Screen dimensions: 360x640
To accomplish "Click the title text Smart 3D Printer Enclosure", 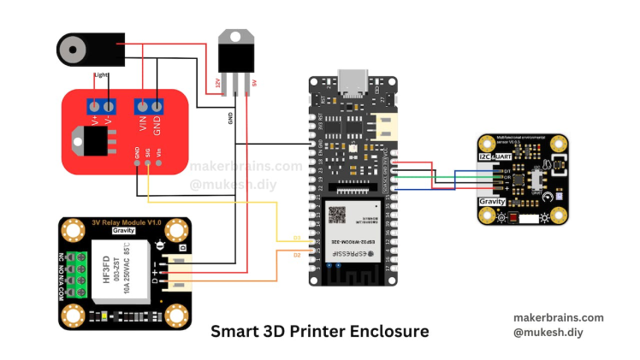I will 319,330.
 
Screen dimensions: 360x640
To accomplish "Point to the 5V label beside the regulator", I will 254,83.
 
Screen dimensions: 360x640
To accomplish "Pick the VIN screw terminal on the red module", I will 141,106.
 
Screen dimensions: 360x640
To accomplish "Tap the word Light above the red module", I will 102,75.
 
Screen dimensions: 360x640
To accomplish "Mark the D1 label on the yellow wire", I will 297,237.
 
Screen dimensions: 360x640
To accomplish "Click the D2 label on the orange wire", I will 297,254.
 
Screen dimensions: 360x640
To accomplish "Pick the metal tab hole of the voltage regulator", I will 235,36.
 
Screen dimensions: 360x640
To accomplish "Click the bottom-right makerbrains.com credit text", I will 560,316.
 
